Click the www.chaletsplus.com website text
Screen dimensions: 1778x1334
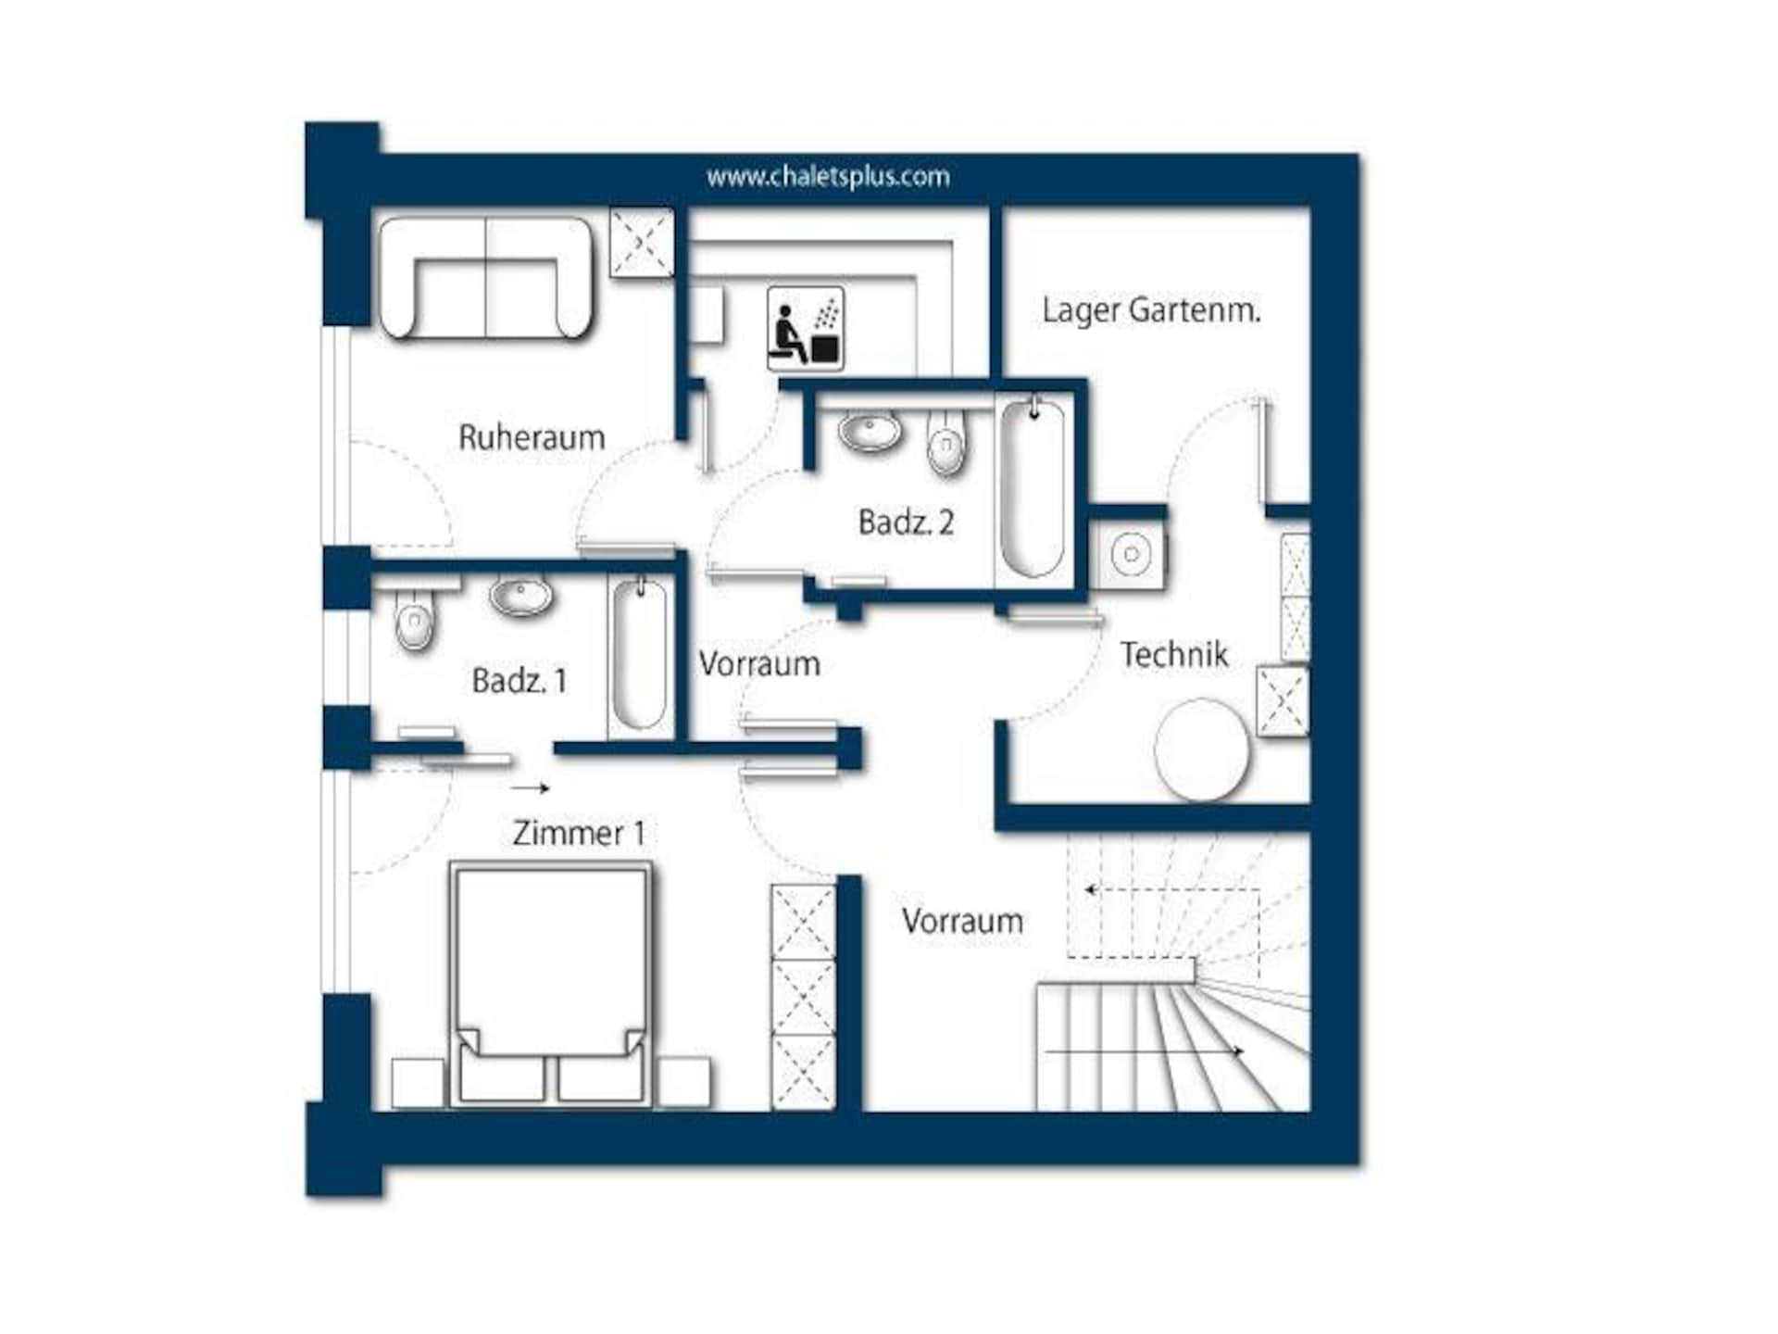coord(828,176)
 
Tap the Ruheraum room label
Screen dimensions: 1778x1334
coord(532,437)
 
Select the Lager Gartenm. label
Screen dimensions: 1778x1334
coord(1151,310)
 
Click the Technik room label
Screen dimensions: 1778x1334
coord(1174,654)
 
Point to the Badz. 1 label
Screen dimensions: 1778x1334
coord(519,681)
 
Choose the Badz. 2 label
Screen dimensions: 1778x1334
coord(906,522)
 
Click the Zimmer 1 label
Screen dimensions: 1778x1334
coord(579,833)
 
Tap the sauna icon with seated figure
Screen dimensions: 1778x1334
coord(805,328)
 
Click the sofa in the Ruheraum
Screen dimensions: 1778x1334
coord(485,277)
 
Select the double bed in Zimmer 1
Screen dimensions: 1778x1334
coord(551,984)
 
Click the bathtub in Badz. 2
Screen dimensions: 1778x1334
coord(1032,488)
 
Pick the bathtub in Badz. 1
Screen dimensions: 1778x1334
coord(639,655)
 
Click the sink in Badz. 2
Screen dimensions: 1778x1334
coord(870,431)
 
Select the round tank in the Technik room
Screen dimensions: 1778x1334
coord(1201,749)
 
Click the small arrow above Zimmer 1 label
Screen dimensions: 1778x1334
coord(530,788)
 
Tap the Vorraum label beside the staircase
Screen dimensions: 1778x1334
coord(962,921)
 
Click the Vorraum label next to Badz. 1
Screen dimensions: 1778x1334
coord(759,663)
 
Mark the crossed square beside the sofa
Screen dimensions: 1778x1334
coord(642,242)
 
